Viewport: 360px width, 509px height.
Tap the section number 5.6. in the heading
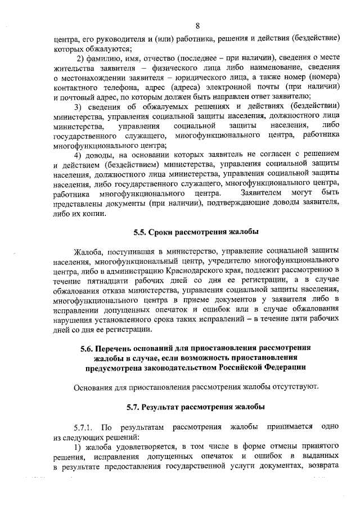pos(91,348)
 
